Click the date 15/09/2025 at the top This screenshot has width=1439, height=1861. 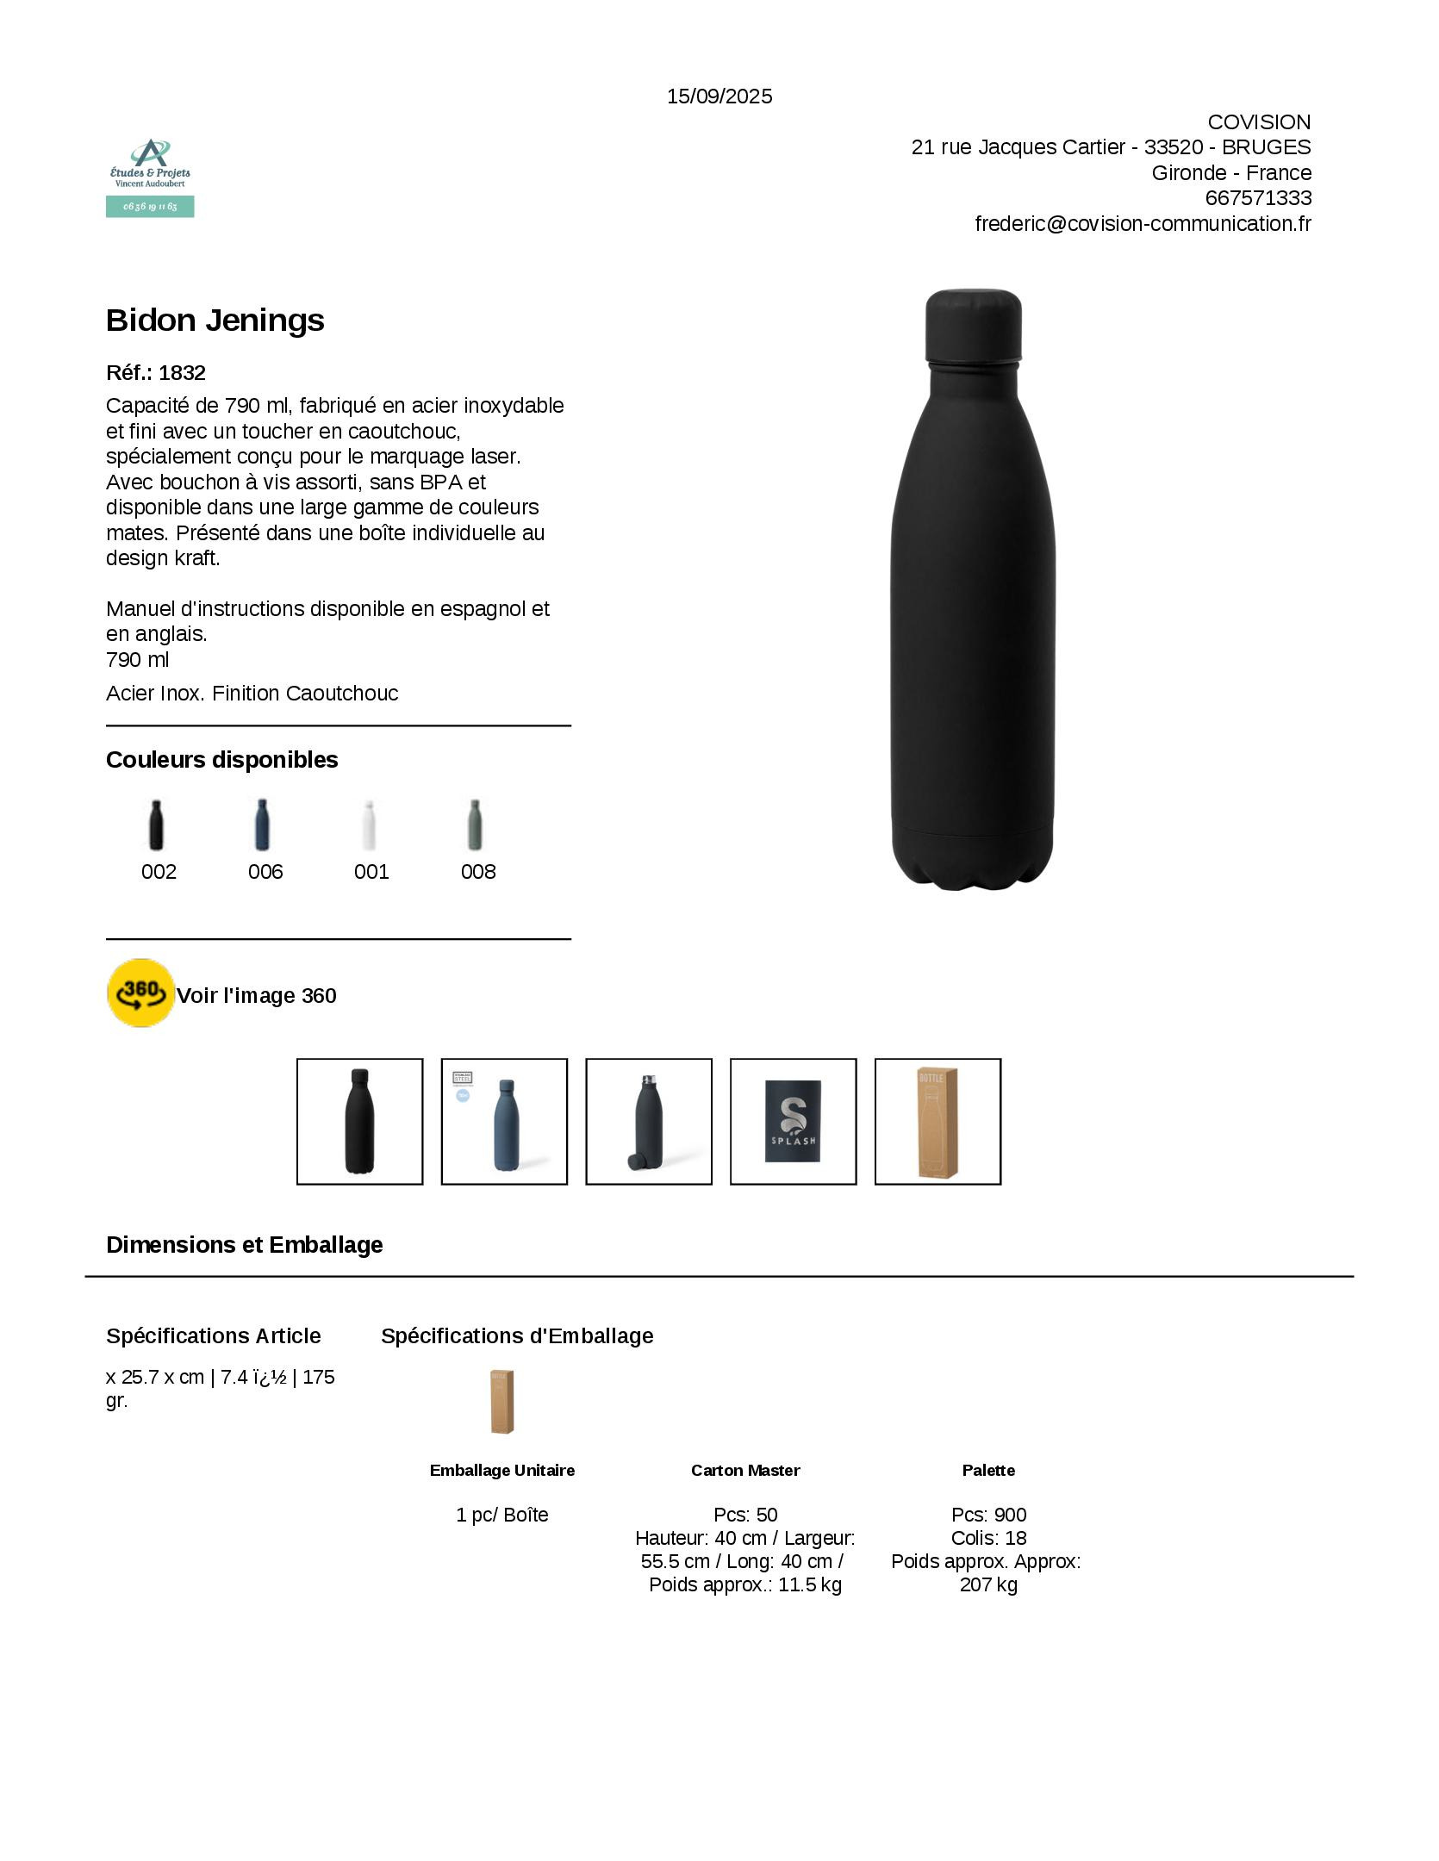719,96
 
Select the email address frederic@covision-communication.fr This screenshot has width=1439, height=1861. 1143,224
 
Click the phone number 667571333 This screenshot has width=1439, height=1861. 1258,198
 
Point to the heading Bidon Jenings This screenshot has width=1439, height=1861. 215,321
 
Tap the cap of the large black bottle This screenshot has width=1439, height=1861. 973,326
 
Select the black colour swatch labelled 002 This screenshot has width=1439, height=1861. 156,825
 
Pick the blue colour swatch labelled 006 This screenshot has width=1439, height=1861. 263,825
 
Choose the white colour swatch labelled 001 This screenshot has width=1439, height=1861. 370,825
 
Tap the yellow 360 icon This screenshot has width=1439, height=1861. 140,993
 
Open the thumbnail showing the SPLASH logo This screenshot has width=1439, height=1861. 793,1121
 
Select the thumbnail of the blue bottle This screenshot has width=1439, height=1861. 504,1121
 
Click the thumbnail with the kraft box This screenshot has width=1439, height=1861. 938,1121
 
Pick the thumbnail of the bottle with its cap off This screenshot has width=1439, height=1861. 649,1121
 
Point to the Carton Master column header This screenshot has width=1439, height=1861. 745,1470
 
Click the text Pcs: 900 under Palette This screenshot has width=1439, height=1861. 988,1515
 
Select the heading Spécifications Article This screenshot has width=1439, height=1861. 214,1336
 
